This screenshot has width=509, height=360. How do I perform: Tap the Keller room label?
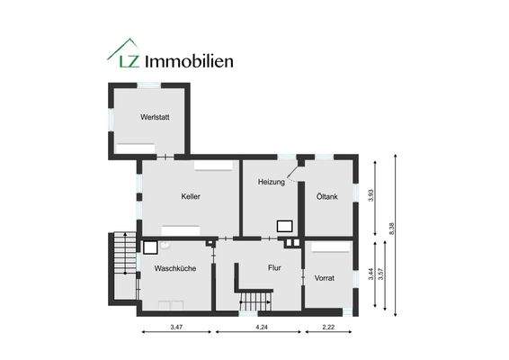pyautogui.click(x=190, y=196)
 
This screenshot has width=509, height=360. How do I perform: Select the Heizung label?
pyautogui.click(x=271, y=182)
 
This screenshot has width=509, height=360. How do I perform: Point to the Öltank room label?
pyautogui.click(x=326, y=196)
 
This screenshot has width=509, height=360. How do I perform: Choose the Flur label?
pyautogui.click(x=275, y=267)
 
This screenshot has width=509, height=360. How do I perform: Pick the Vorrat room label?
pyautogui.click(x=325, y=278)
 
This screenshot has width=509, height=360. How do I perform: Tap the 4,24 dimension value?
pyautogui.click(x=262, y=328)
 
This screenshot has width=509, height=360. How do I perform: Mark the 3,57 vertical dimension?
pyautogui.click(x=382, y=274)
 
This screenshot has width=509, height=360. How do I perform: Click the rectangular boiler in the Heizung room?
pyautogui.click(x=285, y=227)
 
